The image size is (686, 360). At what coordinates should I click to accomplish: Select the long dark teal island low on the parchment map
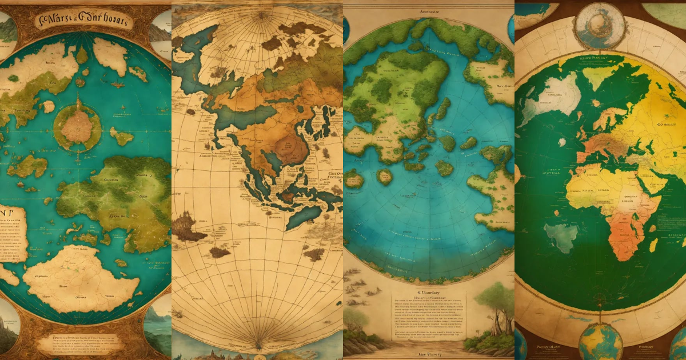pyautogui.click(x=303, y=217)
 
